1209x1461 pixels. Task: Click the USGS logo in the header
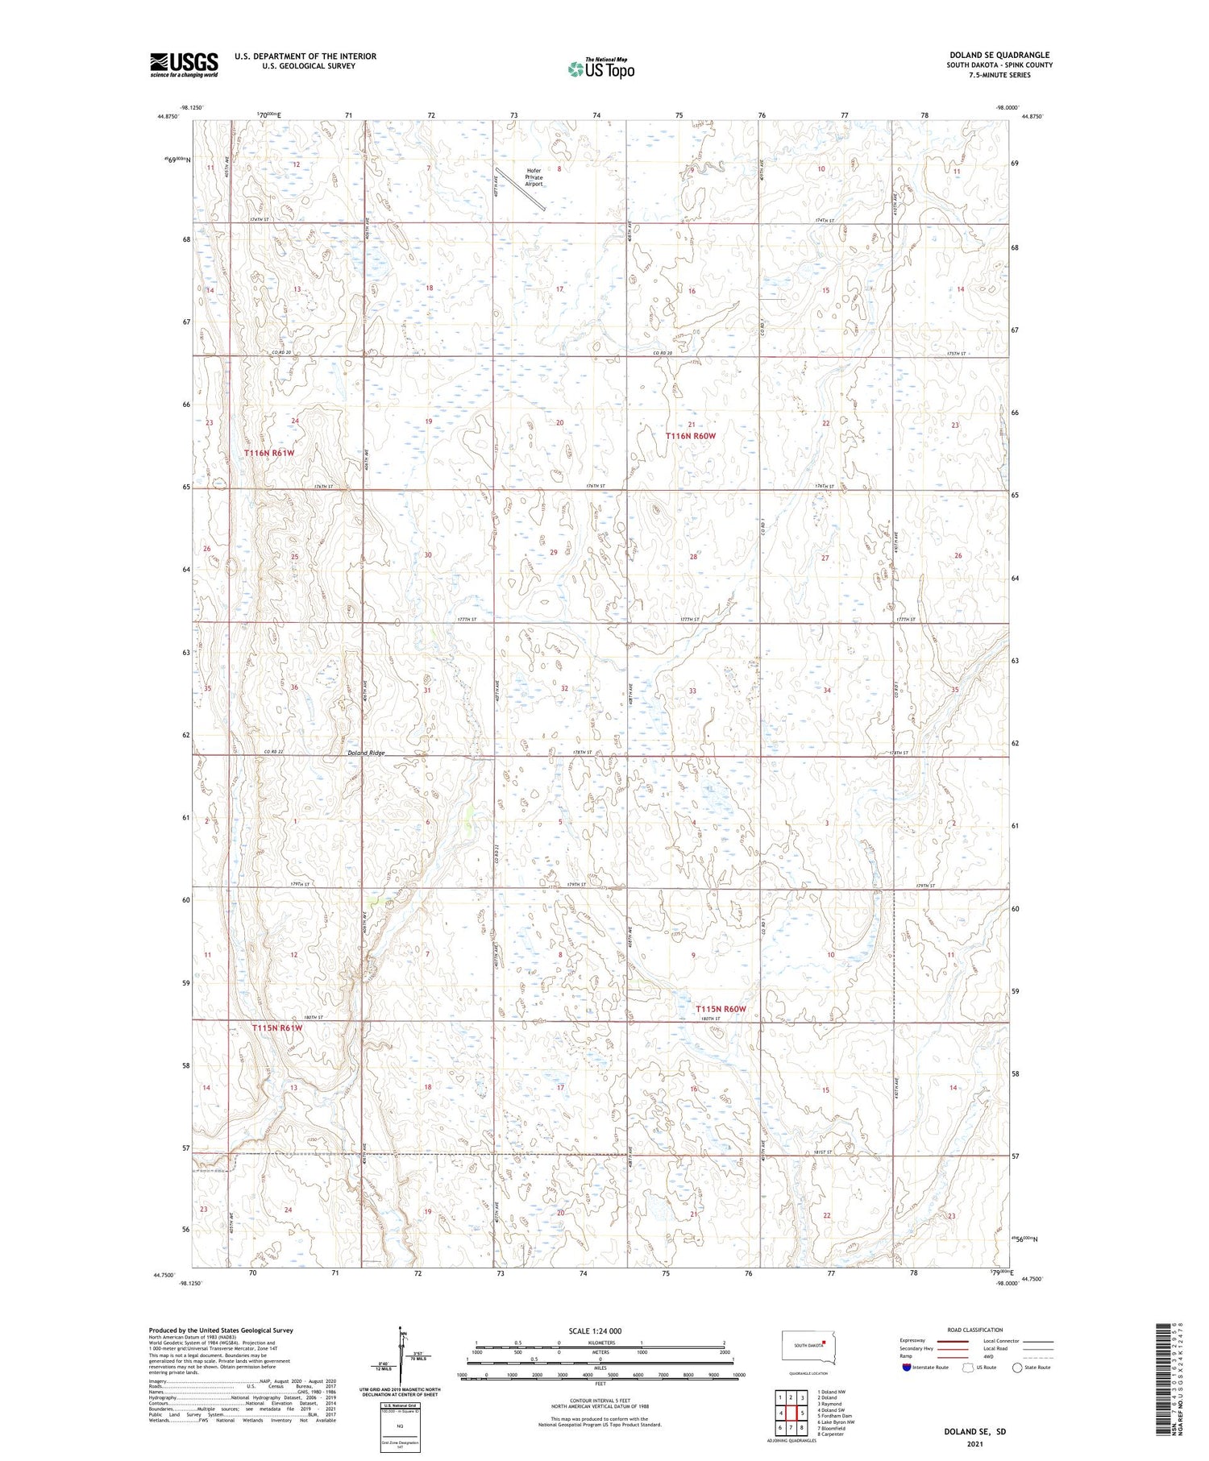(x=184, y=64)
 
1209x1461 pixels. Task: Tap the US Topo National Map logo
(x=600, y=68)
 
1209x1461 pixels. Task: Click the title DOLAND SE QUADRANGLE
(x=999, y=55)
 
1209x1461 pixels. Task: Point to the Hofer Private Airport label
(x=534, y=177)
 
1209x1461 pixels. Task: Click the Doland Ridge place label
(x=366, y=753)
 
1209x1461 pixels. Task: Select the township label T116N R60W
(x=690, y=436)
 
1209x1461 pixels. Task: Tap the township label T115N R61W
(x=276, y=1028)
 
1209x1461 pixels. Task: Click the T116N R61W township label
(x=269, y=453)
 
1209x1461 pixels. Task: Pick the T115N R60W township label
(x=721, y=1009)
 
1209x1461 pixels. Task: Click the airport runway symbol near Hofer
(x=521, y=189)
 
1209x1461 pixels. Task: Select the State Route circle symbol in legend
(x=1017, y=1367)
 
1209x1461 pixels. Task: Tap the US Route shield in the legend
(x=968, y=1367)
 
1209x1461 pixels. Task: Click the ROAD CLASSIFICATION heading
(x=975, y=1330)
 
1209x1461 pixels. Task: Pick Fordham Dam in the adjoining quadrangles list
(x=835, y=1416)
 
